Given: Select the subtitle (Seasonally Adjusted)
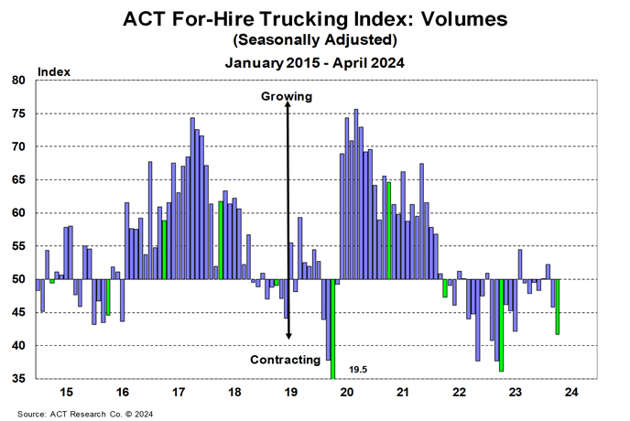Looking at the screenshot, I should pyautogui.click(x=314, y=40).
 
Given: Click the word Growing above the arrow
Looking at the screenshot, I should pyautogui.click(x=287, y=96).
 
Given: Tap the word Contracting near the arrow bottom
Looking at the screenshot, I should pyautogui.click(x=285, y=360).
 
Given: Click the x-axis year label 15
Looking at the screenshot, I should pyautogui.click(x=67, y=393).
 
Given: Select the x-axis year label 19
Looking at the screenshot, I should pyautogui.click(x=291, y=393).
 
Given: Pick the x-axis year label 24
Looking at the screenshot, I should pyautogui.click(x=571, y=393).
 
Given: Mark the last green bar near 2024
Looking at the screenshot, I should pyautogui.click(x=558, y=307).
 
